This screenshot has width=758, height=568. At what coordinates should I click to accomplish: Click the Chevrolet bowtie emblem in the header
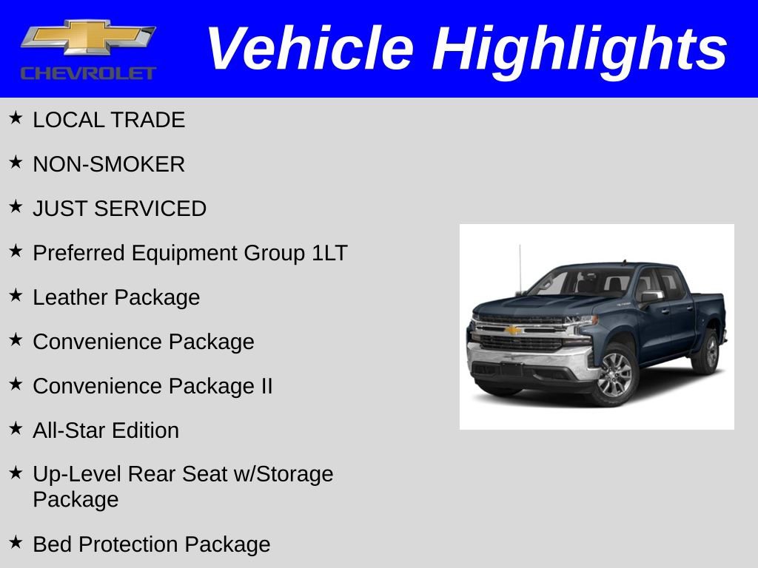pos(88,38)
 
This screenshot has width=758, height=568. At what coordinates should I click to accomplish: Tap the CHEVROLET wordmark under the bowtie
pos(88,72)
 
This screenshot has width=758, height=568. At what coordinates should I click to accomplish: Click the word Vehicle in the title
pos(309,49)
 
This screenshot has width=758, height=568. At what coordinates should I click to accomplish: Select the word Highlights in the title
pos(580,49)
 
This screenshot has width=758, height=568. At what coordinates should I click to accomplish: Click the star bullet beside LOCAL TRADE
pos(16,118)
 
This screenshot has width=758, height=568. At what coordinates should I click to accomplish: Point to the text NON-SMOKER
pos(109,164)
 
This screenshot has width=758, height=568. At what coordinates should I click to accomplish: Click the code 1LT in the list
pos(329,253)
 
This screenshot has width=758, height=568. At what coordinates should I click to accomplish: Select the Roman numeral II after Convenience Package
pos(266,386)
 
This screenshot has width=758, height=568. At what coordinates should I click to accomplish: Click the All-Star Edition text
pos(106,430)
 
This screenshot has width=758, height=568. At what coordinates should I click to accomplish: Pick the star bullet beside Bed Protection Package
pos(16,543)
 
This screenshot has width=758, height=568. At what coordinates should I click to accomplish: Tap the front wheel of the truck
pos(614,373)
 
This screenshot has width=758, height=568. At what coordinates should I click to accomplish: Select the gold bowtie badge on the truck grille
pos(513,330)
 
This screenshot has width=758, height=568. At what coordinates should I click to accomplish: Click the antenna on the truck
pos(520,266)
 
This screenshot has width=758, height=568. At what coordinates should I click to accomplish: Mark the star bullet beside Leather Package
pos(16,296)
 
